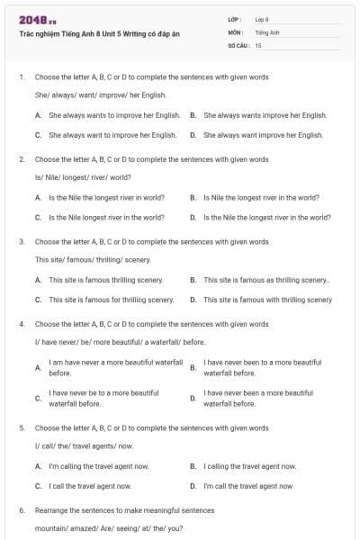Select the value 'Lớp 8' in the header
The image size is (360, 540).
(262, 19)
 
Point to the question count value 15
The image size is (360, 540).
(258, 44)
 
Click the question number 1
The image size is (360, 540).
(21, 77)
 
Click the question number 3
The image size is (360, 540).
(21, 242)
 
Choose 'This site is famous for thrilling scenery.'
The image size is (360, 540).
(111, 300)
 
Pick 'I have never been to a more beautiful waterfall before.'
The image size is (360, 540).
(259, 367)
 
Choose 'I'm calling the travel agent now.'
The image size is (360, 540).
(98, 466)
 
